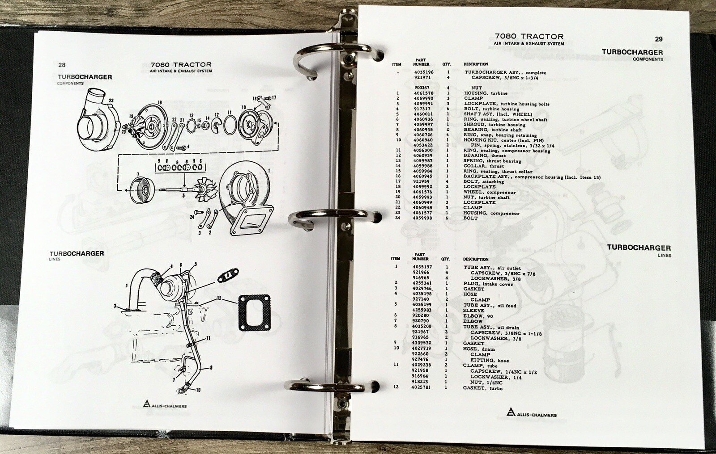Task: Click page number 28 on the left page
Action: (x=62, y=65)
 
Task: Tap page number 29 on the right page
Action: (x=659, y=39)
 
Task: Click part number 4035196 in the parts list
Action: (x=424, y=72)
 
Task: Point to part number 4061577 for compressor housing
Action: (x=422, y=213)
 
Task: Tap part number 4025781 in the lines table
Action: (x=421, y=387)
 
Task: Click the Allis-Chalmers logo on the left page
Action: (x=165, y=404)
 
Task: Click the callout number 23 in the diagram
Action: (x=111, y=101)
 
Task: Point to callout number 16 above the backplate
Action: (x=160, y=102)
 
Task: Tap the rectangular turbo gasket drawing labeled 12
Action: (x=255, y=312)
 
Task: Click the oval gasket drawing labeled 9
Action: (x=228, y=275)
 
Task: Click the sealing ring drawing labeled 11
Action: (x=230, y=125)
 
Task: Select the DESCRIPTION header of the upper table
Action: (x=476, y=64)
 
